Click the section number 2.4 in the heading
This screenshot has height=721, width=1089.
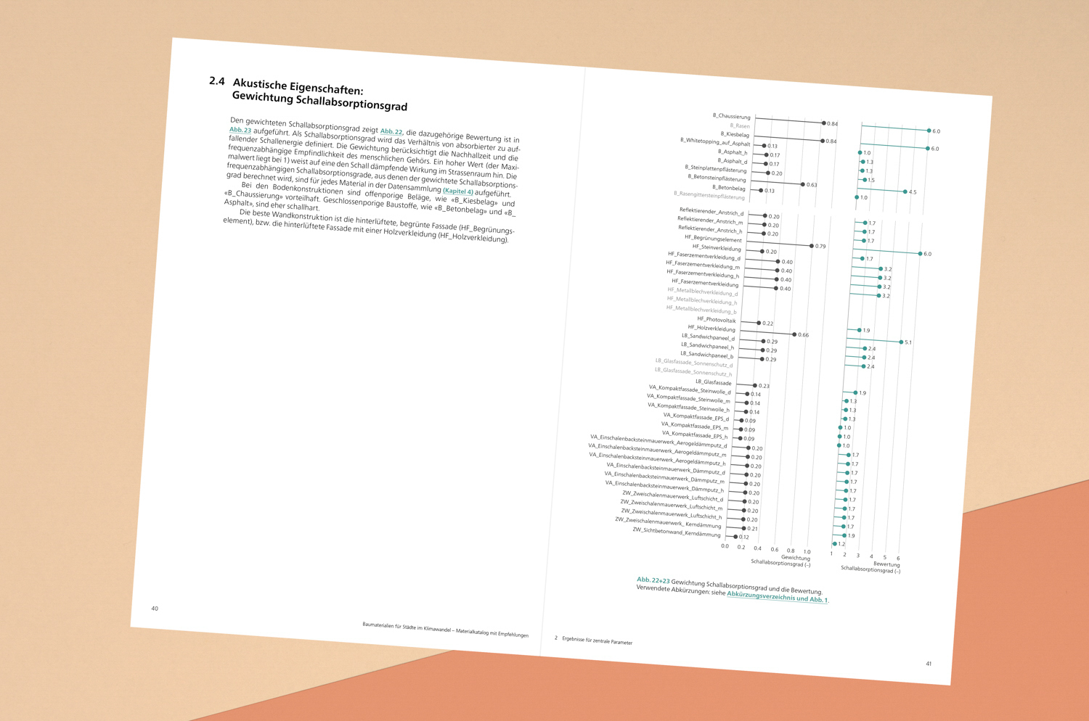(217, 81)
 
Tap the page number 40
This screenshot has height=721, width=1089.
(155, 609)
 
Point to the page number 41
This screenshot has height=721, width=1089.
(929, 664)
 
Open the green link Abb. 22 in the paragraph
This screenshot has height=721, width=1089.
(391, 131)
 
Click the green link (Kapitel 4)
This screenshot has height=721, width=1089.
(458, 191)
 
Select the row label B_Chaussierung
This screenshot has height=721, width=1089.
(731, 116)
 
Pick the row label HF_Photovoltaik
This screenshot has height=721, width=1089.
(716, 320)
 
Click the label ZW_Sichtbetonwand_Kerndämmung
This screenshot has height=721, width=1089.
(676, 532)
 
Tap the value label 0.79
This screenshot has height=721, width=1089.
(820, 247)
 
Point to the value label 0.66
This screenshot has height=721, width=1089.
(803, 335)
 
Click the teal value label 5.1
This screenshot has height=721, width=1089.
(908, 342)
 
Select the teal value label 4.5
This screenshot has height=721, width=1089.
(913, 192)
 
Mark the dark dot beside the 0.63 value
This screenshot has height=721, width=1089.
(802, 184)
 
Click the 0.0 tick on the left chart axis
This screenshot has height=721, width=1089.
(725, 546)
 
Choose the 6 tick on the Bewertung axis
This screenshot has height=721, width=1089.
(898, 559)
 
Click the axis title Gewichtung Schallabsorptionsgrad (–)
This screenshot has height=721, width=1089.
(781, 561)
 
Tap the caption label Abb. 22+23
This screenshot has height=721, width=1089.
(653, 580)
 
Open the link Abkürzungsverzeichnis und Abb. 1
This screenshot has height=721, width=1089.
(778, 597)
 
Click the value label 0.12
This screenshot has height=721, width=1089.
(743, 537)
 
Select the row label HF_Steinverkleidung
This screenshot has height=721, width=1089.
(717, 247)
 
